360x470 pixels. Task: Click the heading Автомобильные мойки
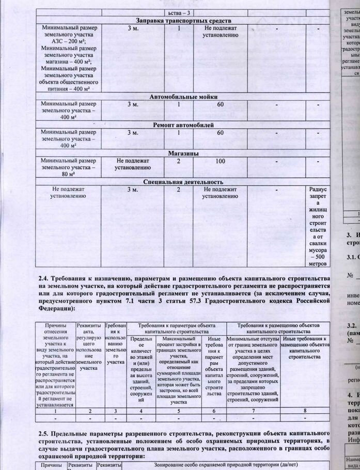coord(183,97)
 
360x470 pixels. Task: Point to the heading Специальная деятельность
coord(183,182)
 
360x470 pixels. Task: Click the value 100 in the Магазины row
coord(221,161)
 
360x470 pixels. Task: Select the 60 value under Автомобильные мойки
coord(221,104)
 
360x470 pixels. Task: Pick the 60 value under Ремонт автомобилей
coord(221,133)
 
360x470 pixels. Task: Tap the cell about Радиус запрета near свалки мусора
coord(317,227)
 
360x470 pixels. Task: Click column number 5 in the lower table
coord(179,411)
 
